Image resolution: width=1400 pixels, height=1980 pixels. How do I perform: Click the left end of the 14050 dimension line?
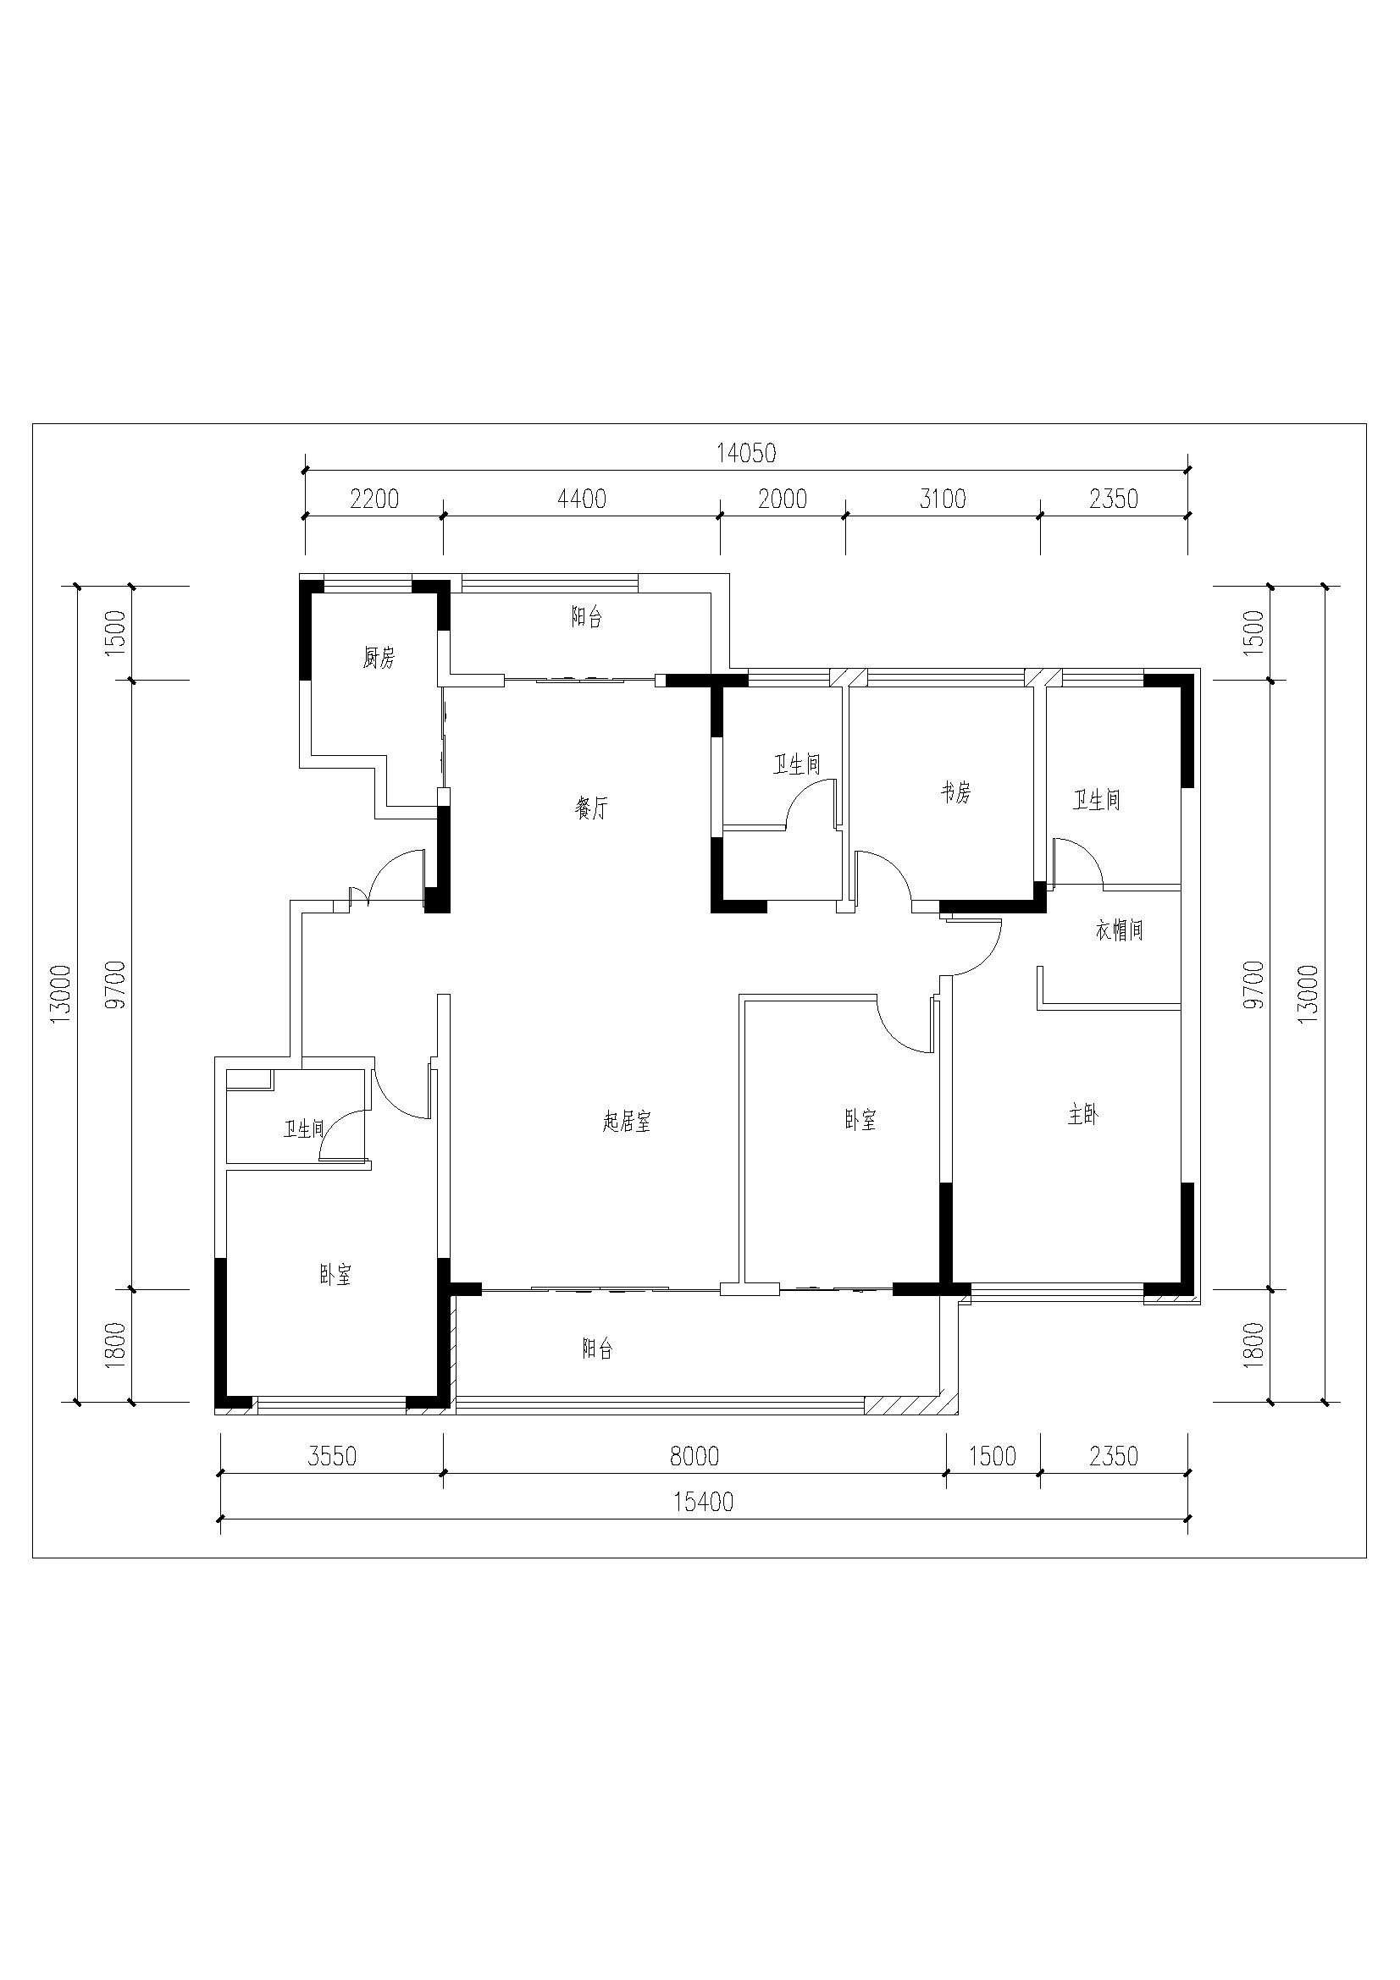(x=305, y=470)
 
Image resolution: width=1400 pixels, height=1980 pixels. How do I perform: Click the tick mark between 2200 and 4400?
(x=444, y=516)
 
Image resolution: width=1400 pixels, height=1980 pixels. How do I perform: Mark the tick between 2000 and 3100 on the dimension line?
(x=845, y=516)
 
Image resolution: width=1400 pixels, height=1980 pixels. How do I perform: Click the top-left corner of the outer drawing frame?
(x=33, y=423)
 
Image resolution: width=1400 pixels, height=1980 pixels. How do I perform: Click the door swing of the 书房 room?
(x=882, y=878)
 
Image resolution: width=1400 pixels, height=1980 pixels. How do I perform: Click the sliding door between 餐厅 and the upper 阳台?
(x=579, y=681)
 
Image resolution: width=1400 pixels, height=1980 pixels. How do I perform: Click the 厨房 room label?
(x=379, y=658)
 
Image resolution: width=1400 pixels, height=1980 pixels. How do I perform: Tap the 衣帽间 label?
(x=1119, y=929)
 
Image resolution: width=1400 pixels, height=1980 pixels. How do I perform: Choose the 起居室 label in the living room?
(x=627, y=1121)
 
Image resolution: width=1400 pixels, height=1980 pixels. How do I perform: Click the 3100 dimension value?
(x=942, y=499)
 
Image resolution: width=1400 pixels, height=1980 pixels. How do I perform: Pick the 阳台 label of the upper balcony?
(x=587, y=616)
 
